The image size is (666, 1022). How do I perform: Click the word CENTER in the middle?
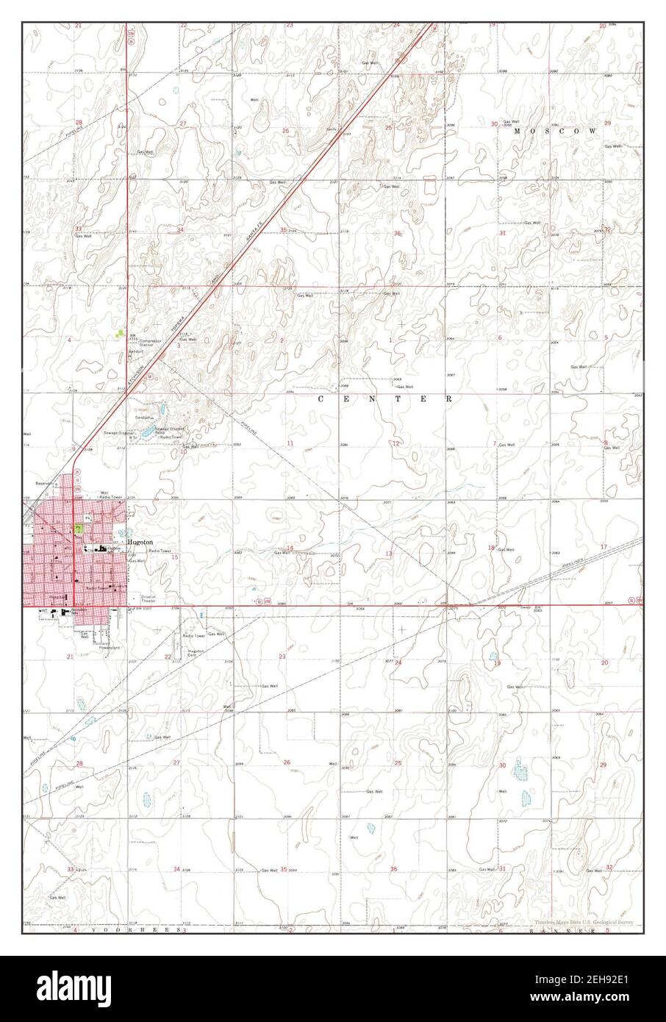coord(384,399)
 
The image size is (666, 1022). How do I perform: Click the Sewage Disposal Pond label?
coord(168,429)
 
